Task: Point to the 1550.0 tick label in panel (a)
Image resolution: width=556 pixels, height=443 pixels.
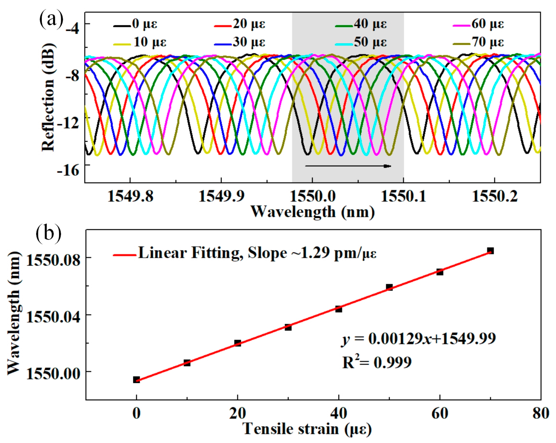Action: click(312, 196)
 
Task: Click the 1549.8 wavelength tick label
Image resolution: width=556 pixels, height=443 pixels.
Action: click(130, 196)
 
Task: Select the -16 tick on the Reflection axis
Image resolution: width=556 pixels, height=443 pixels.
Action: click(69, 170)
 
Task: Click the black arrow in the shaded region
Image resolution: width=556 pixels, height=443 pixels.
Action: click(348, 166)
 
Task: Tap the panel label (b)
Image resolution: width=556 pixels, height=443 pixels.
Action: click(48, 233)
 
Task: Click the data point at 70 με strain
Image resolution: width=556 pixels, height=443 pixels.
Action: click(490, 251)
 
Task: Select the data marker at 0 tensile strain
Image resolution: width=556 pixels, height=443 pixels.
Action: click(136, 380)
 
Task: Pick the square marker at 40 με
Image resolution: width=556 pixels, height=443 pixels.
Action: click(339, 309)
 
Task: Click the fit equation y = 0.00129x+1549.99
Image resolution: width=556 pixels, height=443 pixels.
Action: click(418, 339)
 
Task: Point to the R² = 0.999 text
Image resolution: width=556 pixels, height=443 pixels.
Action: click(377, 362)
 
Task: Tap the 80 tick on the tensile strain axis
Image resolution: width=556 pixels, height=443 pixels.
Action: click(541, 413)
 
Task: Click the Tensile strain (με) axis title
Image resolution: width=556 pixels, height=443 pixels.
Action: click(307, 429)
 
